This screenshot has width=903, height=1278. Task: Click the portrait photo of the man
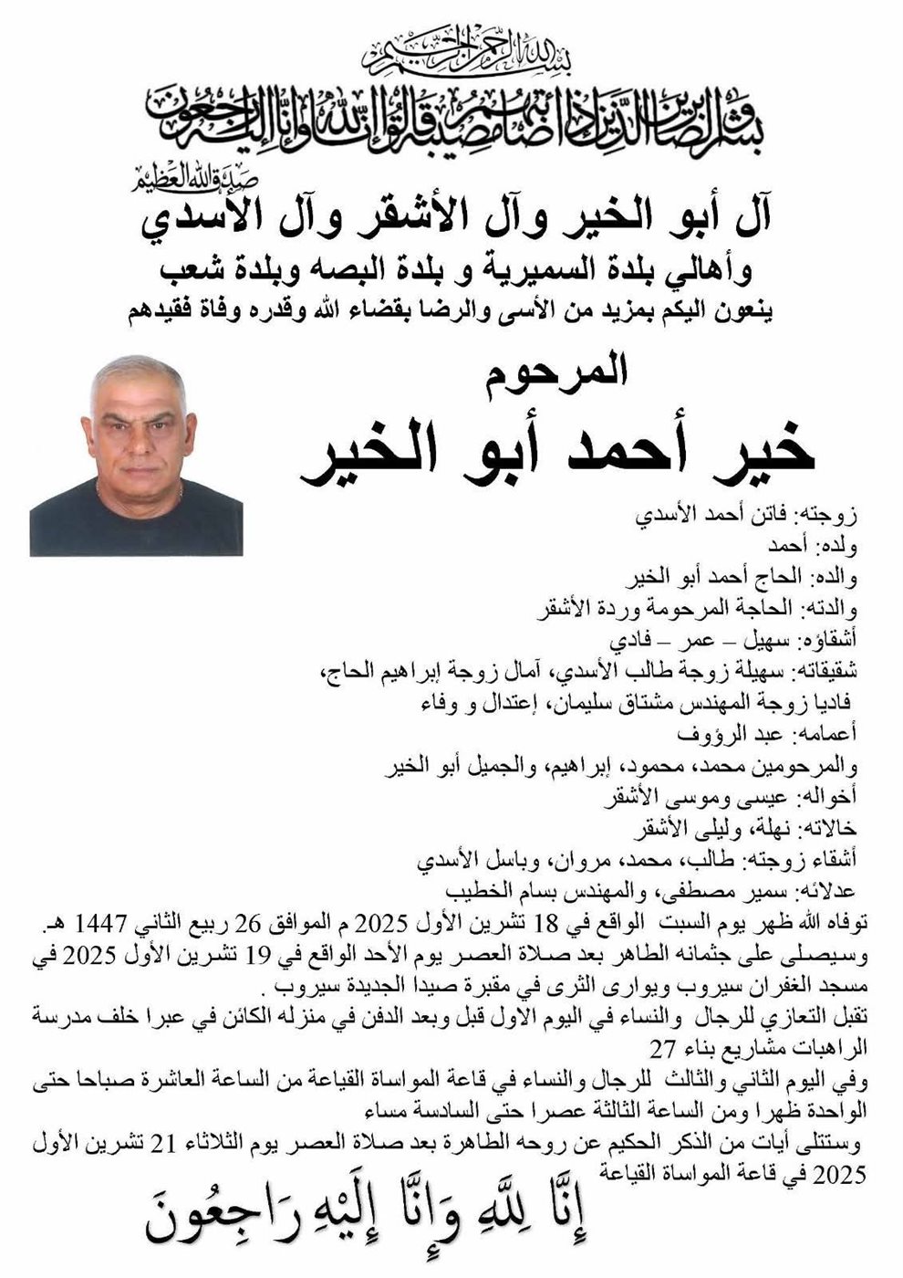[x=136, y=455]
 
